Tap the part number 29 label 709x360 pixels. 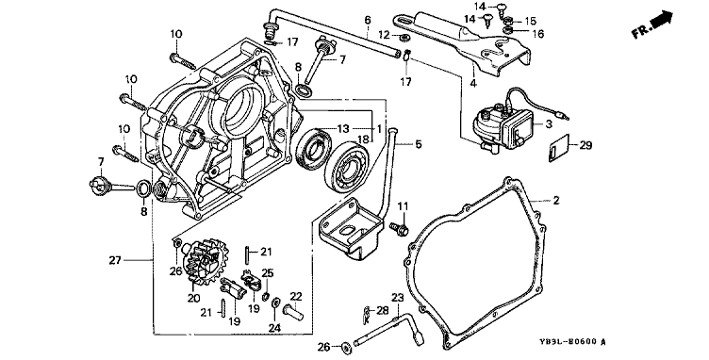[x=585, y=145]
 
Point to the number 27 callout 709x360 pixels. [x=115, y=260]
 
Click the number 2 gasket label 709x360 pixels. [x=555, y=200]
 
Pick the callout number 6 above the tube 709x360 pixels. [x=367, y=20]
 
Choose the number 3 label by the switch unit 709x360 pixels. [x=549, y=123]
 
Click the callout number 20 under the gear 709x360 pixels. [x=194, y=298]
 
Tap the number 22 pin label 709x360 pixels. [x=296, y=296]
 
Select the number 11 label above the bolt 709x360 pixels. [x=403, y=207]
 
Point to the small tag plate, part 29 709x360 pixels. [x=558, y=149]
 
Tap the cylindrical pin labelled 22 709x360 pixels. [x=293, y=311]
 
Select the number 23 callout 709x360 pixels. [x=397, y=298]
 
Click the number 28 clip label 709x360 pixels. [x=383, y=310]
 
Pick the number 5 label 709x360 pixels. [x=419, y=144]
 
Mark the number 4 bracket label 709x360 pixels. [x=473, y=83]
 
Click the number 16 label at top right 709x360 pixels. [x=538, y=33]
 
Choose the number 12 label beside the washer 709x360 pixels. [x=384, y=34]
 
